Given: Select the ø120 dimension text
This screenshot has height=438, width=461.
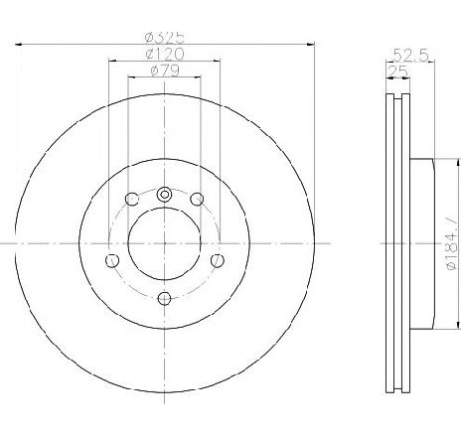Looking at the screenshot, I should [165, 53].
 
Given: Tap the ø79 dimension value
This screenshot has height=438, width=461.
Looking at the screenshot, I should [165, 70].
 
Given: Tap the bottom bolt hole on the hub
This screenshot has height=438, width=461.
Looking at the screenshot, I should [165, 299].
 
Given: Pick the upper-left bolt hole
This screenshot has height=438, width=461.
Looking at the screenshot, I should [131, 200].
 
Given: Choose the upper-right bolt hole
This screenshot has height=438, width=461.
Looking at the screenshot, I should [197, 200].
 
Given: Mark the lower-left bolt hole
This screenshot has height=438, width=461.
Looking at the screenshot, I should [111, 261].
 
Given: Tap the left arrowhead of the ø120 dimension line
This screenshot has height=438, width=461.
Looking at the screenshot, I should [110, 61].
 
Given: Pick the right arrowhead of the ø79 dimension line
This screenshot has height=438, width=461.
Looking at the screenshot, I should [201, 77].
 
